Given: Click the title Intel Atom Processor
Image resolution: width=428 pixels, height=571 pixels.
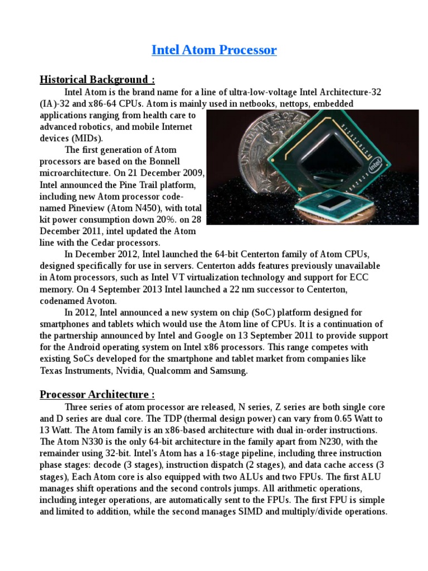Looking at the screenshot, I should tap(214, 50).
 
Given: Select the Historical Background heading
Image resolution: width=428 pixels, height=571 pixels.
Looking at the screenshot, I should tap(94, 79).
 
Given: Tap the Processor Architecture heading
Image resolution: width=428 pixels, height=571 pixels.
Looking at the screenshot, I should tap(97, 395).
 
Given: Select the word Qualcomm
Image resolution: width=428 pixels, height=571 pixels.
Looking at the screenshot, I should tap(175, 371).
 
